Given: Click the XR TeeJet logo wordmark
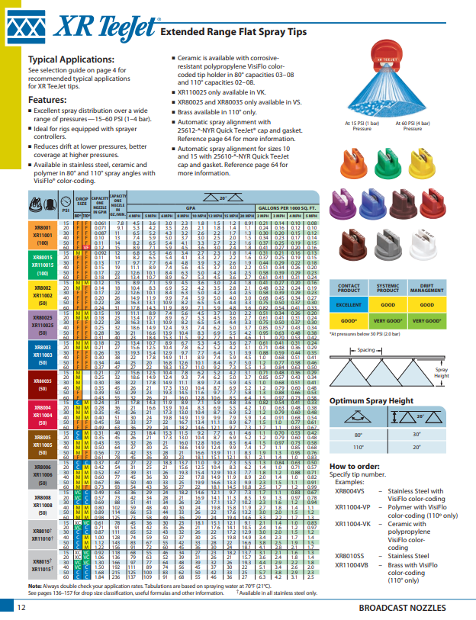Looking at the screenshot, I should pos(98,27).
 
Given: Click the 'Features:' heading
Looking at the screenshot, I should pos(47,99).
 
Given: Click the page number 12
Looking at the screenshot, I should pos(22,606).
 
